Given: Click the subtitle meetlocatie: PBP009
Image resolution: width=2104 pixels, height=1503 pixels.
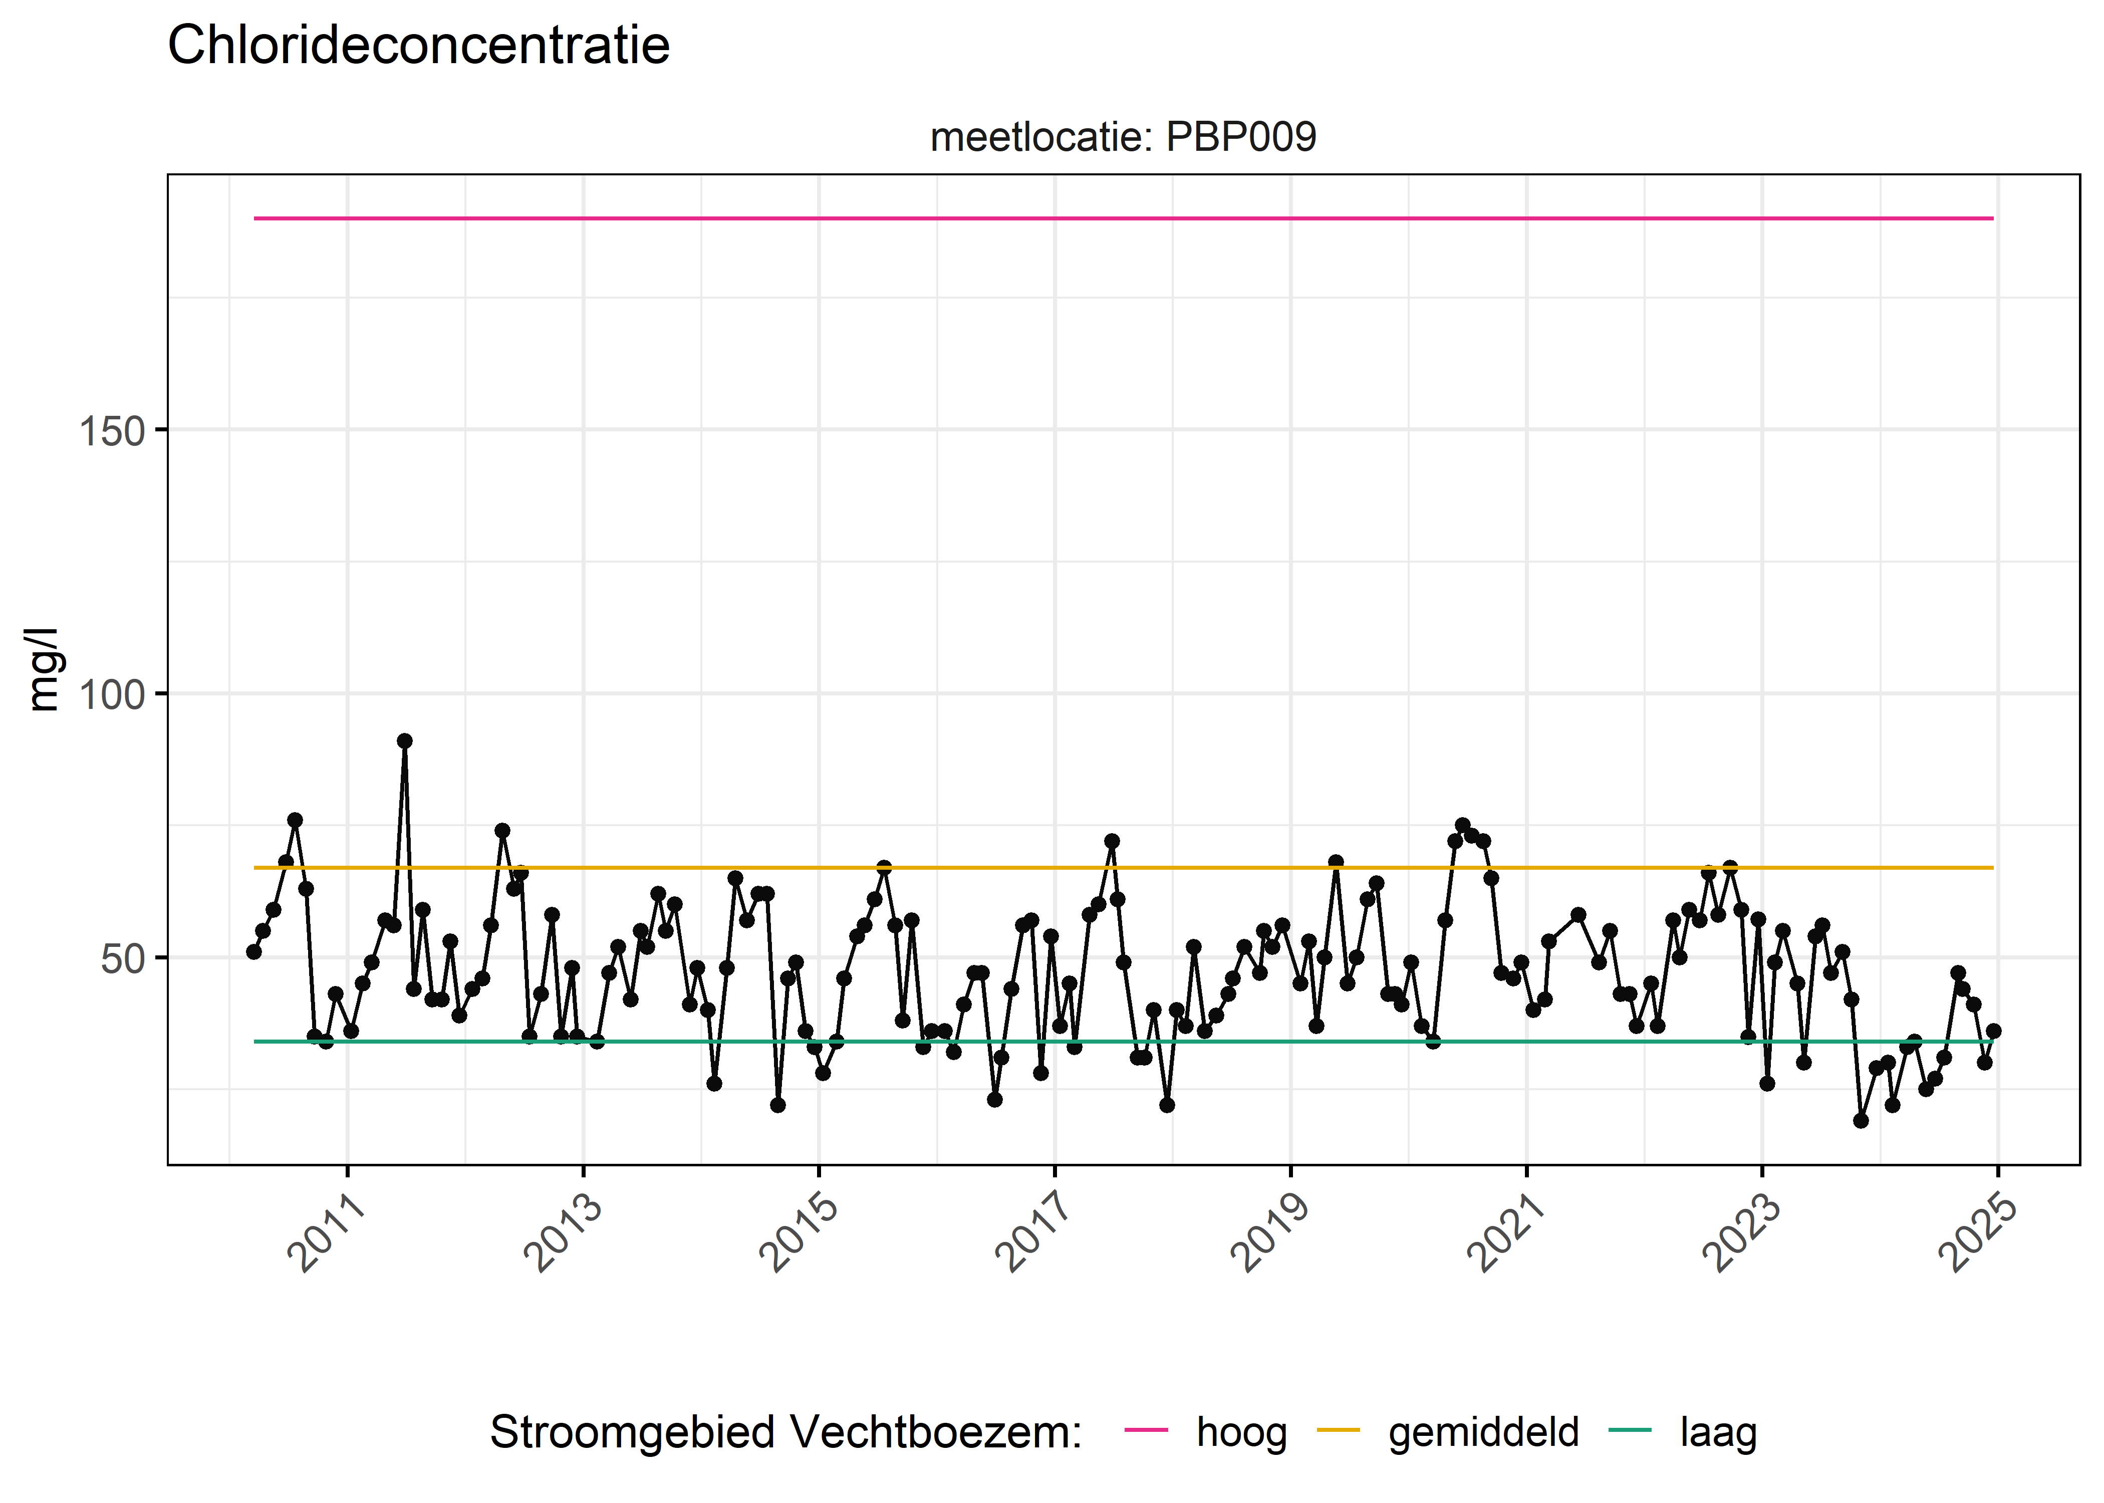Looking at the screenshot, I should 1122,137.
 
